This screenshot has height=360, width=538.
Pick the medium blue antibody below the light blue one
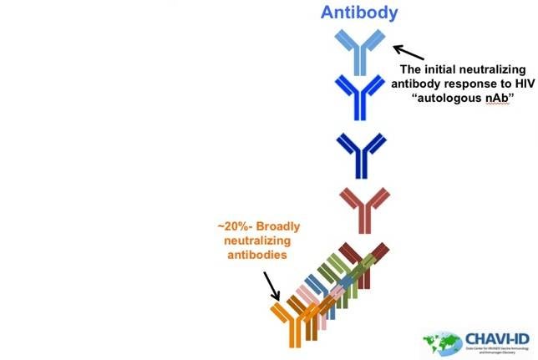point(359,99)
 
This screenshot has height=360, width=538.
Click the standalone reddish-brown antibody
point(363,209)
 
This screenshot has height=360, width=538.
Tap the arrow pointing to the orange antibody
point(270,285)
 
